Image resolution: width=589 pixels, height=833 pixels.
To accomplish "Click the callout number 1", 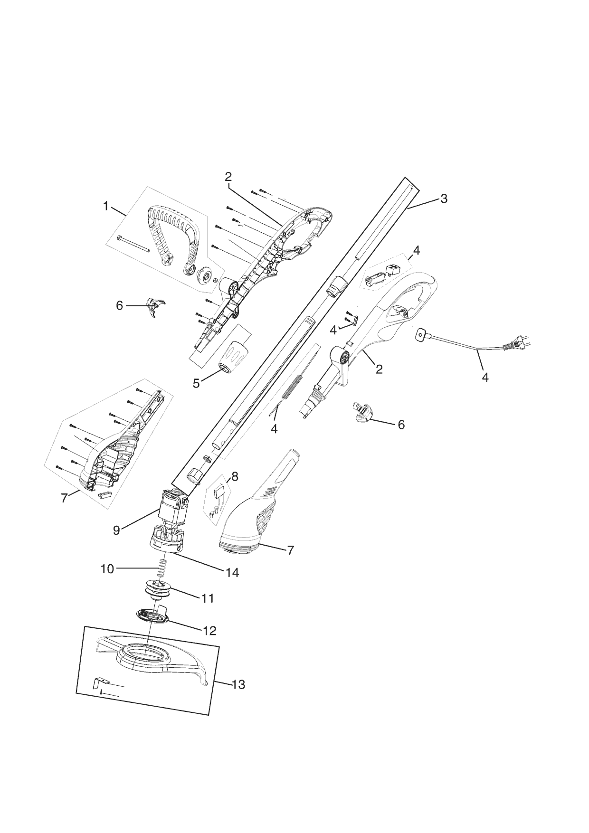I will pos(106,206).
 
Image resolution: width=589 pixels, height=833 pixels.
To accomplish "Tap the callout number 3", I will pos(444,199).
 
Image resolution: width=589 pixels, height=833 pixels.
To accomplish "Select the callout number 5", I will pos(197,383).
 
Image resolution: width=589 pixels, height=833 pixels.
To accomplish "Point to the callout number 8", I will pos(235,476).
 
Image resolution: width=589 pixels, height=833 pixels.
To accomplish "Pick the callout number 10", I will pos(108,568).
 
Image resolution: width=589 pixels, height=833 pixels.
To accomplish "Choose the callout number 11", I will pos(208,598).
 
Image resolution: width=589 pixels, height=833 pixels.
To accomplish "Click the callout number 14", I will pos(232,573).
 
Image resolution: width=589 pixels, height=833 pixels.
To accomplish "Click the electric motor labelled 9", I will pos(172,508).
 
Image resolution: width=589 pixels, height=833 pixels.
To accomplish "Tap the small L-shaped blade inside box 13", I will pos(97,682).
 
